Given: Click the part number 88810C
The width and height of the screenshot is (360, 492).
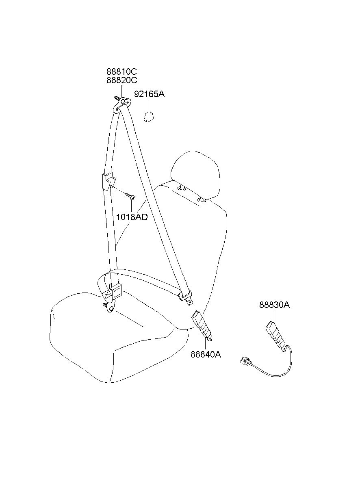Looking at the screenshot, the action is tap(121, 72).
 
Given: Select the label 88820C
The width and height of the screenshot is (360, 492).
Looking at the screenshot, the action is tap(121, 80).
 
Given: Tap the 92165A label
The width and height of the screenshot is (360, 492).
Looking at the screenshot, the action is tap(149, 94).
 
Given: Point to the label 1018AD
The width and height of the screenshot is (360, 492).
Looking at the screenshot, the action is tap(132, 217).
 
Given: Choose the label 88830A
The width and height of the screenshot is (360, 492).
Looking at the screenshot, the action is tap(274, 305).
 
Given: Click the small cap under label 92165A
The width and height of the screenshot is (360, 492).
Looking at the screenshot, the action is tap(148, 117).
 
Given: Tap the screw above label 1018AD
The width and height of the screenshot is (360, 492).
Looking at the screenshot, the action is tap(130, 196).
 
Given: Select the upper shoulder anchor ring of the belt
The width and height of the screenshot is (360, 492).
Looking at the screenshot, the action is tap(123, 104).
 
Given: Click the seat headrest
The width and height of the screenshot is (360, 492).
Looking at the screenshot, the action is tap(195, 175).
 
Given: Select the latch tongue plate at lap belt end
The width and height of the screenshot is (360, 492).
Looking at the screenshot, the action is tap(186, 299).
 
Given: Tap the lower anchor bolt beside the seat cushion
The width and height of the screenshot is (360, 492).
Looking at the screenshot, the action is tap(105, 304).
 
